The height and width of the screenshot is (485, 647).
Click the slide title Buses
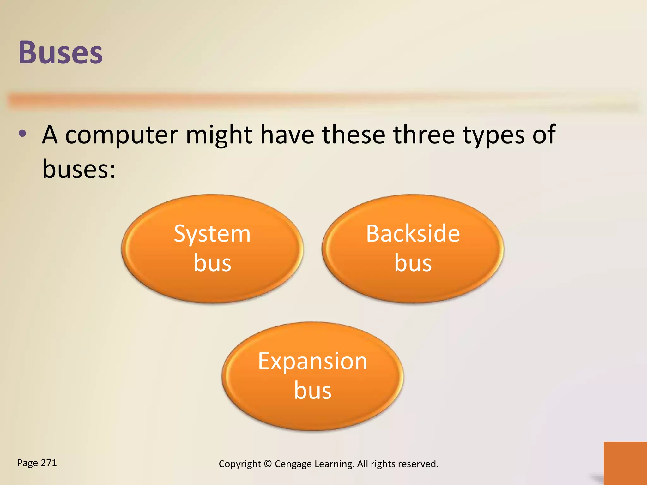click(61, 52)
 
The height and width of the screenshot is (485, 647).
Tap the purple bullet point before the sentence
click(22, 134)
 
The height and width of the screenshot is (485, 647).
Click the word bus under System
click(212, 263)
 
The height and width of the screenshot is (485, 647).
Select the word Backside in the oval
click(413, 234)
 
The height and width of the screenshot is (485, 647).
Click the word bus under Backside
click(413, 263)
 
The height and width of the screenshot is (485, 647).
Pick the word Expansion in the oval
click(312, 362)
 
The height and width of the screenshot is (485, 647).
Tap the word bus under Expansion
click(312, 391)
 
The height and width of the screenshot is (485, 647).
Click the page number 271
click(49, 463)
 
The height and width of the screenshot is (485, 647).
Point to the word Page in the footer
click(27, 463)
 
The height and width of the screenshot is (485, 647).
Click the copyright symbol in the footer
click(268, 464)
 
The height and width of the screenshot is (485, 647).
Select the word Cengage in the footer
click(293, 464)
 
